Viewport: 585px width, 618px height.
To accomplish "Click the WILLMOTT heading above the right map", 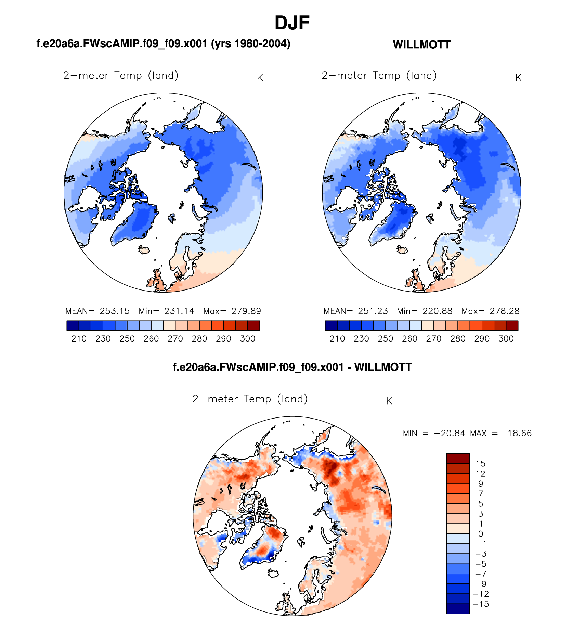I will (421, 44).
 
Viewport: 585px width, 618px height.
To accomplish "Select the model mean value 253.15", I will (115, 311).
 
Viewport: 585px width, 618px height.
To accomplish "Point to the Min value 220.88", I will (437, 311).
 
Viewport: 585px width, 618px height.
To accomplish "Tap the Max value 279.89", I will (246, 311).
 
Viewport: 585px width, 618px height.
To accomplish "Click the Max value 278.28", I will (504, 311).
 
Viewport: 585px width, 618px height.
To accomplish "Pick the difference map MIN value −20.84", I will (450, 433).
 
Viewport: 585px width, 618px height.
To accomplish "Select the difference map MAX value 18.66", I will (519, 433).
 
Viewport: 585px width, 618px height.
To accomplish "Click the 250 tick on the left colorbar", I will (127, 339).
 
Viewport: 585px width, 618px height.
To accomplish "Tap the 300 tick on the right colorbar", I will (506, 339).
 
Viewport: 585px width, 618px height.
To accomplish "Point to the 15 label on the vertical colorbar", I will (480, 464).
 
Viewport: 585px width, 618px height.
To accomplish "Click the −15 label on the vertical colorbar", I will (481, 604).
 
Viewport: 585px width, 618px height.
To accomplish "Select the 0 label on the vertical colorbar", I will (480, 534).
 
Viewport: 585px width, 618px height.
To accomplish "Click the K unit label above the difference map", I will (389, 401).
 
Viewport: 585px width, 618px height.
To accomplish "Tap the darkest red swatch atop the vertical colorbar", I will (458, 459).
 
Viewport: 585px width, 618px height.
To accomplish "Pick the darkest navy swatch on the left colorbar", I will (73, 325).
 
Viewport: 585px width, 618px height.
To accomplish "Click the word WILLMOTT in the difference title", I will (383, 367).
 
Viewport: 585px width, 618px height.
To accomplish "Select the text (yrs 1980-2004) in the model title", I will (251, 44).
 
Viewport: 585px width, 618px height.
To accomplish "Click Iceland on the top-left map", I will (144, 249).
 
